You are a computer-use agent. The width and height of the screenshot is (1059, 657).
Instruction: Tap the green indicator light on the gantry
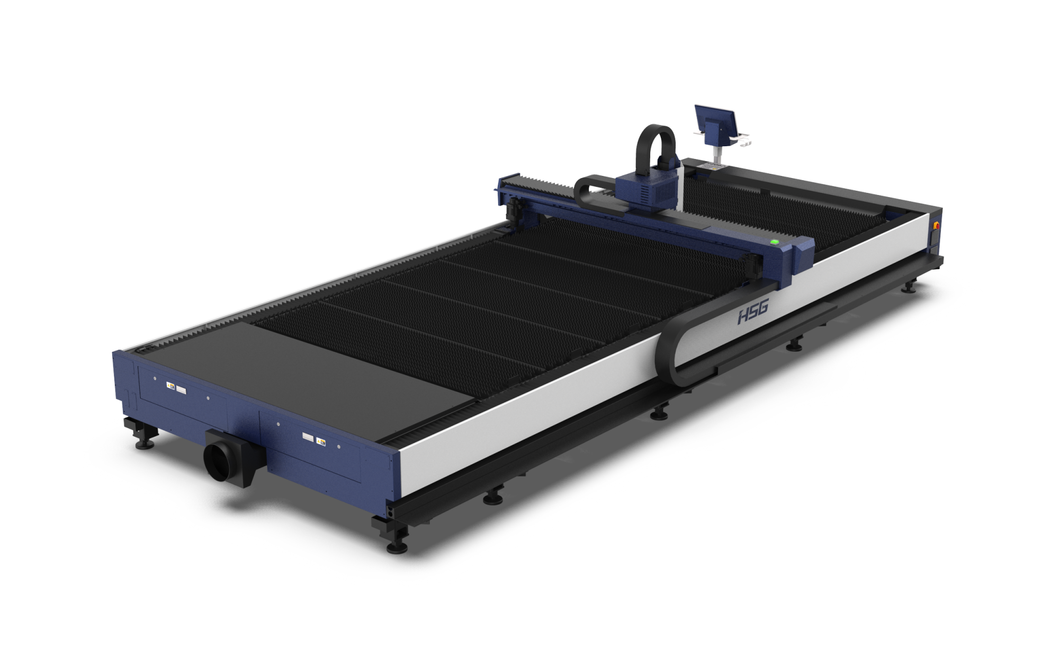775,242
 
